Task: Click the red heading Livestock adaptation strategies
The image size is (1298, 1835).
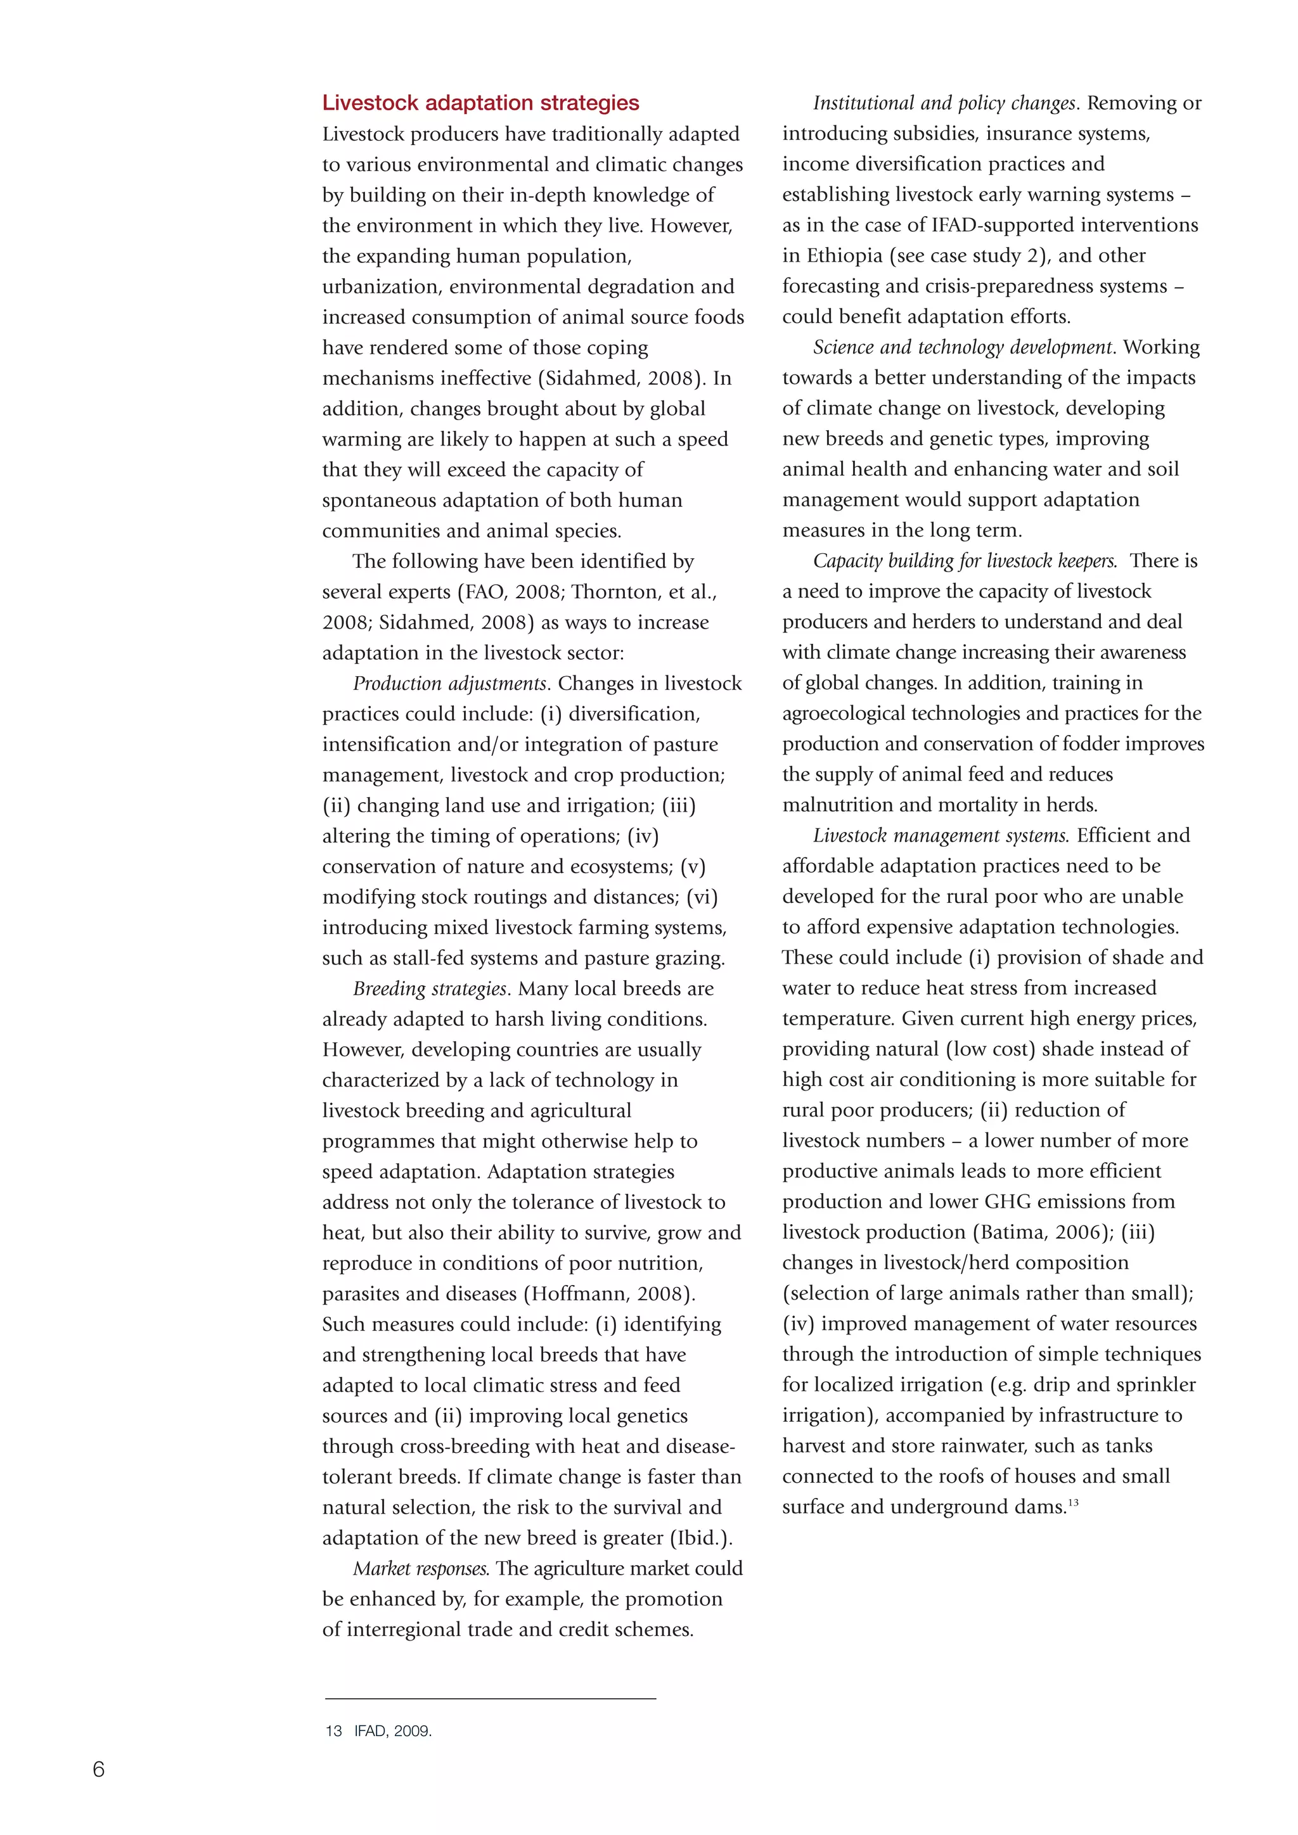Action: coord(480,103)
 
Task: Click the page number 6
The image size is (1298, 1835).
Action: coord(98,1768)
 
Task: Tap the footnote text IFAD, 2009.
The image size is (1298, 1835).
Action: coord(392,1731)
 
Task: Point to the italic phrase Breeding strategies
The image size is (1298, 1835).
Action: coord(430,988)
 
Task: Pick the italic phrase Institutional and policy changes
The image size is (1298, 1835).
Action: coord(944,103)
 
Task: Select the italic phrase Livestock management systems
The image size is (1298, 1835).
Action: coord(940,836)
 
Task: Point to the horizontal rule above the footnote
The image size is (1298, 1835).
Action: coord(490,1698)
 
